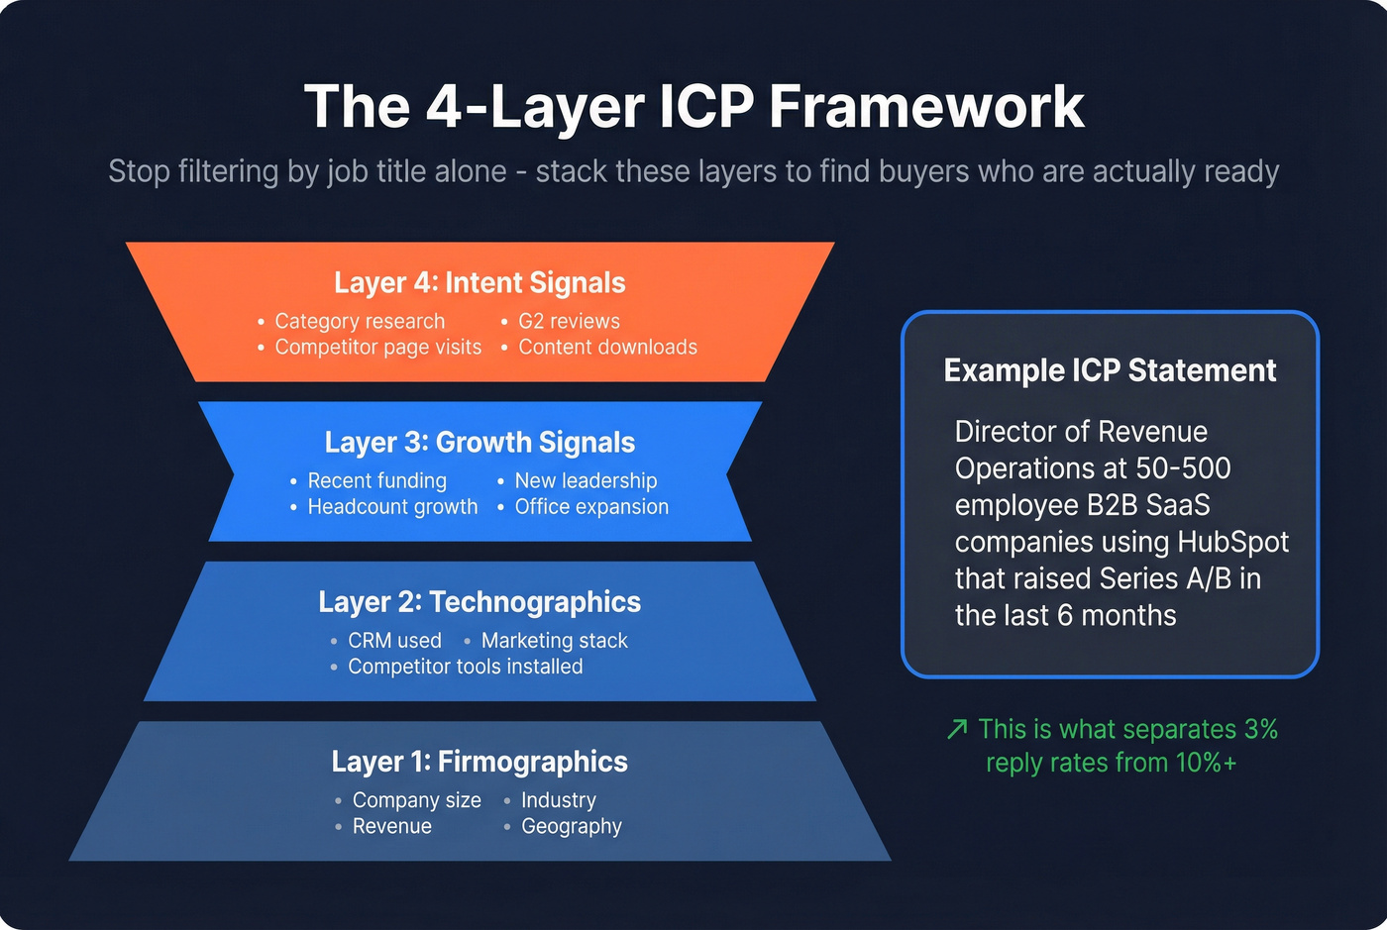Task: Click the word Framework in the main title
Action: click(926, 107)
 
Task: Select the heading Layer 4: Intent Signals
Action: click(480, 283)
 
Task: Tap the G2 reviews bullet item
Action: click(569, 321)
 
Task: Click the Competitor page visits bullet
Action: click(377, 347)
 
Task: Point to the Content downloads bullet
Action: click(607, 347)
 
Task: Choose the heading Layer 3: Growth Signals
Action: click(480, 443)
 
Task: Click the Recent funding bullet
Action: click(376, 480)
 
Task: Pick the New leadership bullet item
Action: click(586, 480)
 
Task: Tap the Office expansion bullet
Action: click(591, 506)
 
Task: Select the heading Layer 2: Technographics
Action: click(480, 602)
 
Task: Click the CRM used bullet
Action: click(394, 641)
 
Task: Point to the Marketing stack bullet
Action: click(554, 641)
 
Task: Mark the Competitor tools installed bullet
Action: click(465, 667)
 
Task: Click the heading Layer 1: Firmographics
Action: click(480, 762)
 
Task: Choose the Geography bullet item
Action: click(572, 826)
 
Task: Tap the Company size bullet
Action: click(416, 800)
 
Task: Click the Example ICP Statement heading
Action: click(1110, 370)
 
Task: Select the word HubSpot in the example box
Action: click(1232, 542)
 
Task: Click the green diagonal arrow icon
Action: click(957, 730)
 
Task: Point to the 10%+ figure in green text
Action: click(1206, 763)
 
